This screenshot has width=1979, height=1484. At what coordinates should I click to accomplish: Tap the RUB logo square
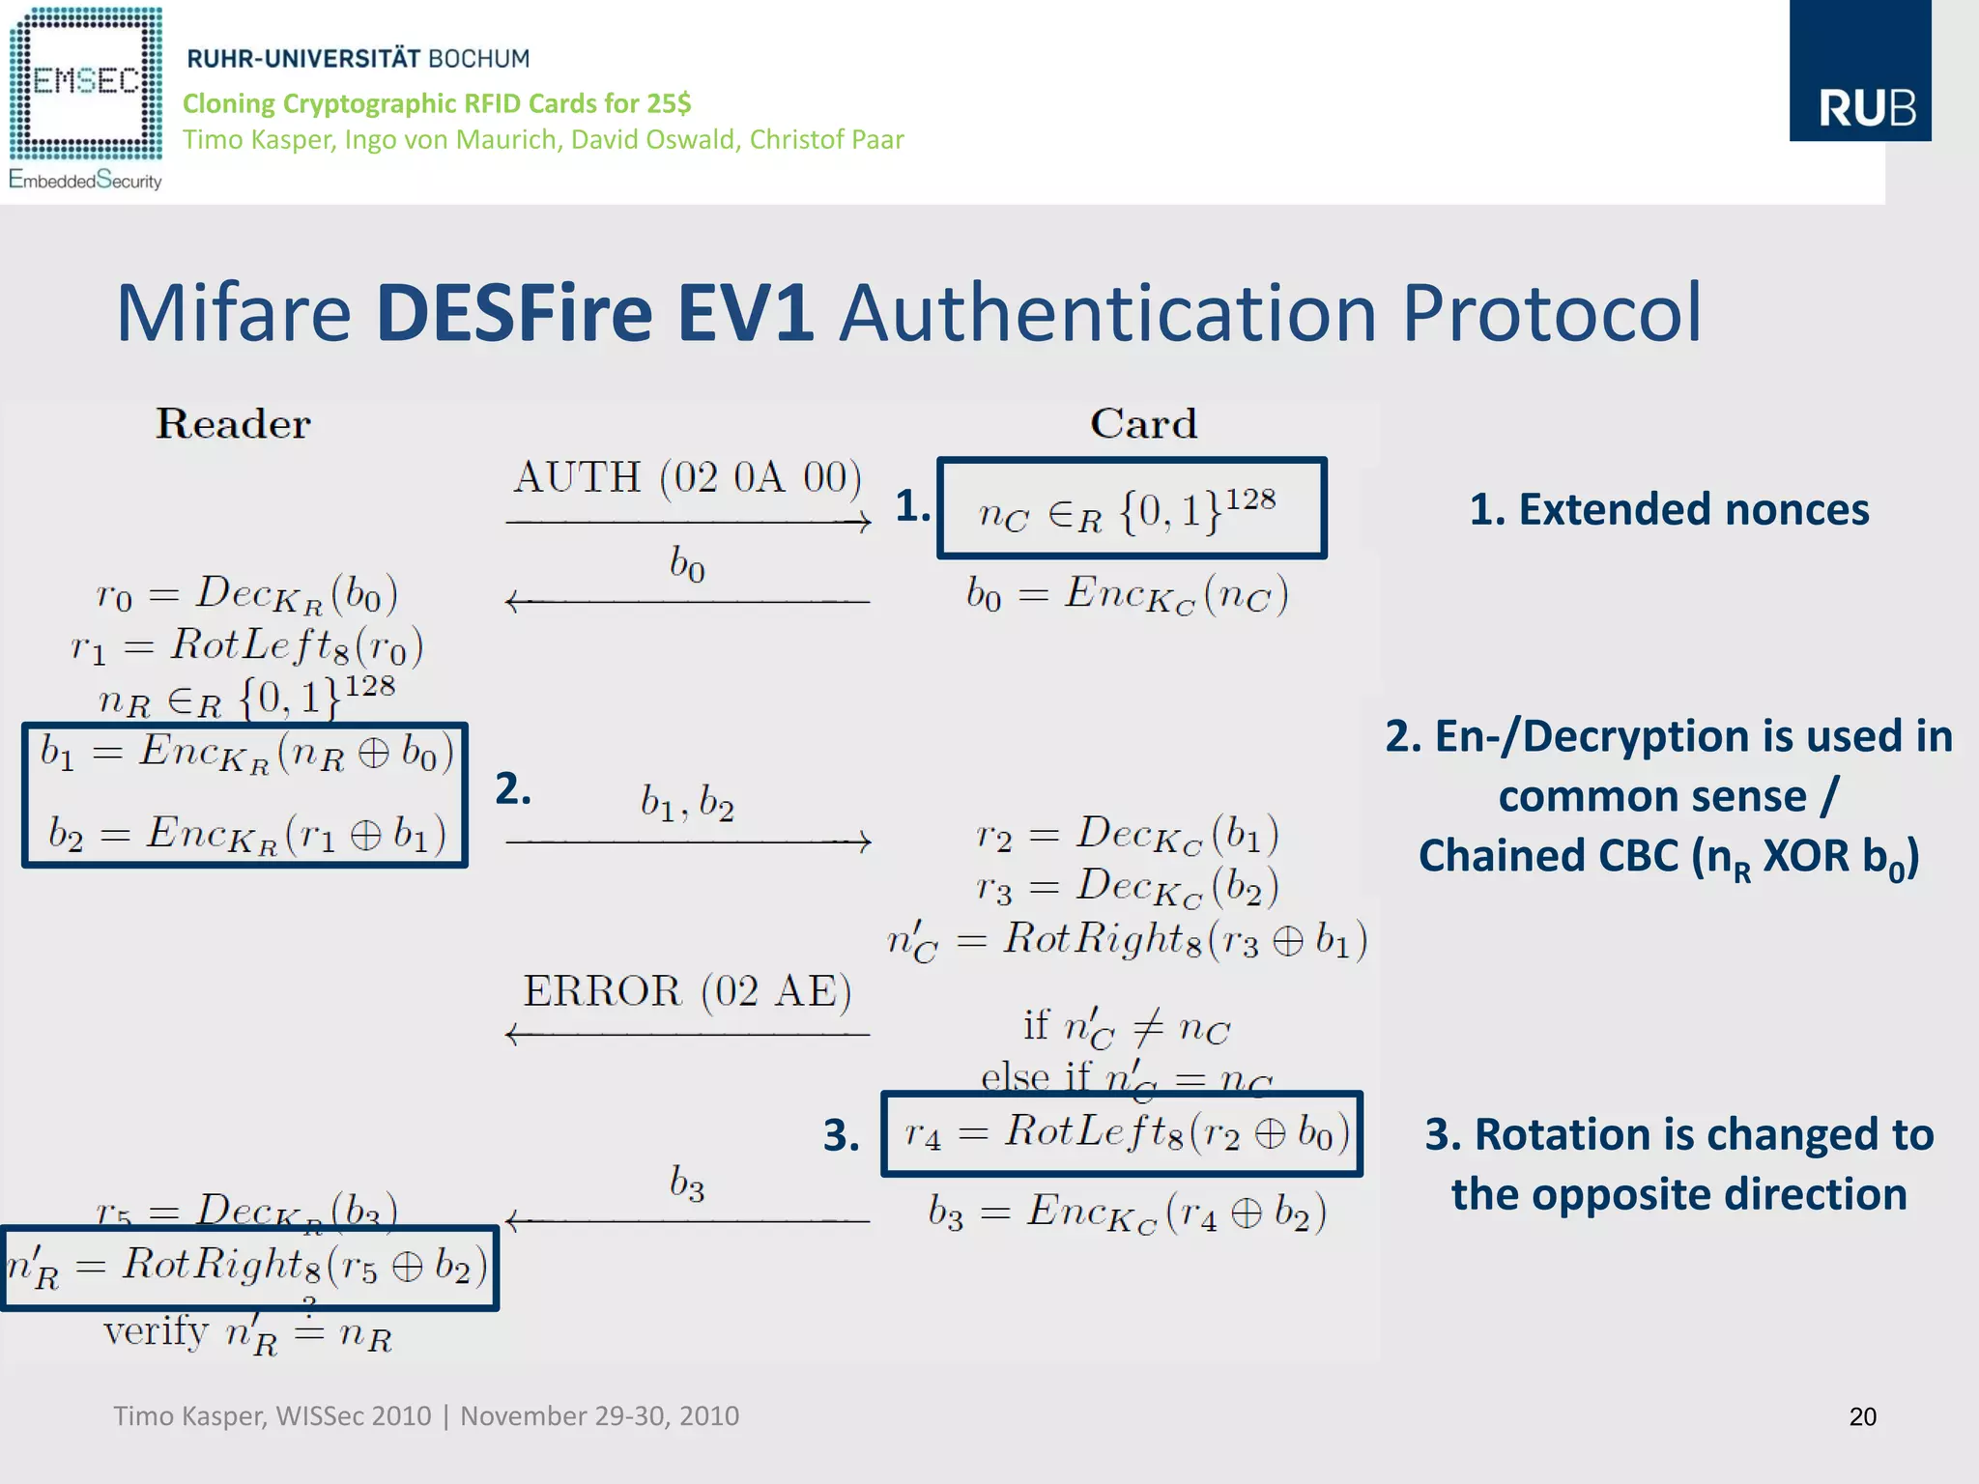tap(1859, 72)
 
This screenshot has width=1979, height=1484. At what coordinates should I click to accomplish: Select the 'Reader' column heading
tap(233, 424)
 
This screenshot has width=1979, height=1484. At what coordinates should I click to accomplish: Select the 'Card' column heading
tap(1143, 424)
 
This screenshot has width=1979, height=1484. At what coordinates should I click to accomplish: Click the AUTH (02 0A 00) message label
tap(687, 478)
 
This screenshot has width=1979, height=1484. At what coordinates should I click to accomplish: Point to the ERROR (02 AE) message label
tap(687, 991)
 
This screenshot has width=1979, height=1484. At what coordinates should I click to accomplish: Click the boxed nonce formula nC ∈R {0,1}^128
tap(1131, 509)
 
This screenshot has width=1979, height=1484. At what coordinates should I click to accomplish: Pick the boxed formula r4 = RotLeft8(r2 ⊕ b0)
tap(1122, 1133)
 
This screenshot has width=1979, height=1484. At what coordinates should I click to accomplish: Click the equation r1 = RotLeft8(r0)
tap(247, 645)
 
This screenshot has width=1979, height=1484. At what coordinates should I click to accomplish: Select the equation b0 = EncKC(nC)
tap(1127, 593)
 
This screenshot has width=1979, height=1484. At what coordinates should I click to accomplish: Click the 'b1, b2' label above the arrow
tap(687, 802)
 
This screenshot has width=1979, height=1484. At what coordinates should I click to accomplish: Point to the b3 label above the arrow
tap(687, 1183)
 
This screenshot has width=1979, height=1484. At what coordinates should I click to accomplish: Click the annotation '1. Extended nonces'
tap(1669, 509)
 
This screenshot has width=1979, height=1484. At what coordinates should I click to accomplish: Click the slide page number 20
tap(1862, 1416)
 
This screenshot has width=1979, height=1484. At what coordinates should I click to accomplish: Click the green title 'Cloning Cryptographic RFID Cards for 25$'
tap(437, 103)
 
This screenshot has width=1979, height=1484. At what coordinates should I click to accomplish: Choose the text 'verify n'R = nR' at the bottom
tap(247, 1334)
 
